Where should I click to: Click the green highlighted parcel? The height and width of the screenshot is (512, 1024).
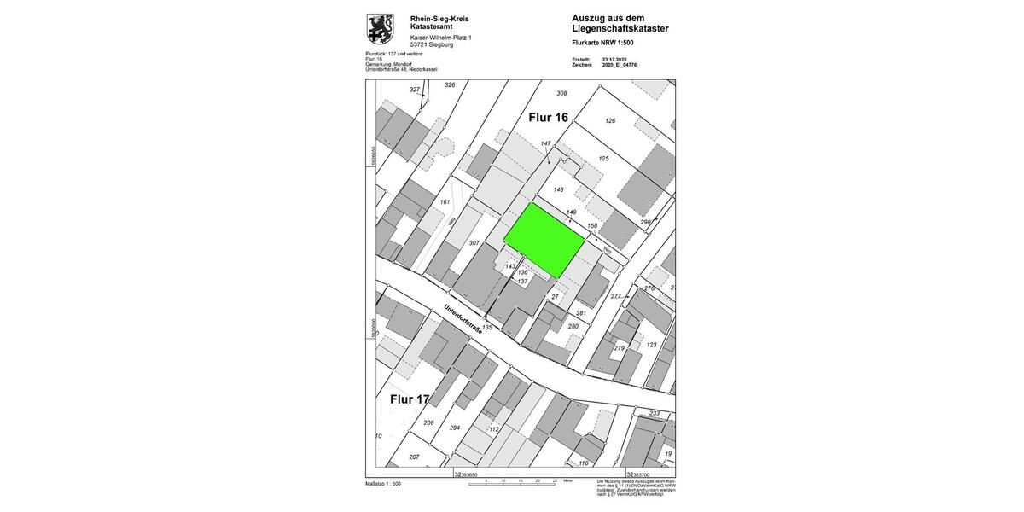(x=544, y=240)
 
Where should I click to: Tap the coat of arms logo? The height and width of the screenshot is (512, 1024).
(x=380, y=28)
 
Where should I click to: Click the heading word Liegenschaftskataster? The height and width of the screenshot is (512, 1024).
(x=620, y=28)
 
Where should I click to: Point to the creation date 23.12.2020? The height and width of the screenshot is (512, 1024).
(x=619, y=60)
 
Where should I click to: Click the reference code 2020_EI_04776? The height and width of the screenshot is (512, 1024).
(x=620, y=65)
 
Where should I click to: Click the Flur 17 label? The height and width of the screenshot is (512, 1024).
(x=410, y=399)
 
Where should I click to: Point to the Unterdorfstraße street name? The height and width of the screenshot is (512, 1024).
(x=462, y=326)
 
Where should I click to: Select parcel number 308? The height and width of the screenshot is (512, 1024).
(x=561, y=93)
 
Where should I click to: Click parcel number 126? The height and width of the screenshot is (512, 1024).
(x=609, y=121)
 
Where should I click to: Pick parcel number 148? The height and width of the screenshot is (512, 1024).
(x=559, y=189)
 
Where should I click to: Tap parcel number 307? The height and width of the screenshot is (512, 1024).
(x=474, y=243)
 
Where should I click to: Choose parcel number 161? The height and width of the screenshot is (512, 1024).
(x=445, y=202)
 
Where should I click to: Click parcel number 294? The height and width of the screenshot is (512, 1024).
(x=455, y=428)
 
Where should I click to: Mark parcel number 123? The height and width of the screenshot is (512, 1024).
(x=651, y=345)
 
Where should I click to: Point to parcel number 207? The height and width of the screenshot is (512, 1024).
(x=414, y=457)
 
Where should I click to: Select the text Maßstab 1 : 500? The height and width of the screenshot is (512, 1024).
(x=383, y=484)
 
